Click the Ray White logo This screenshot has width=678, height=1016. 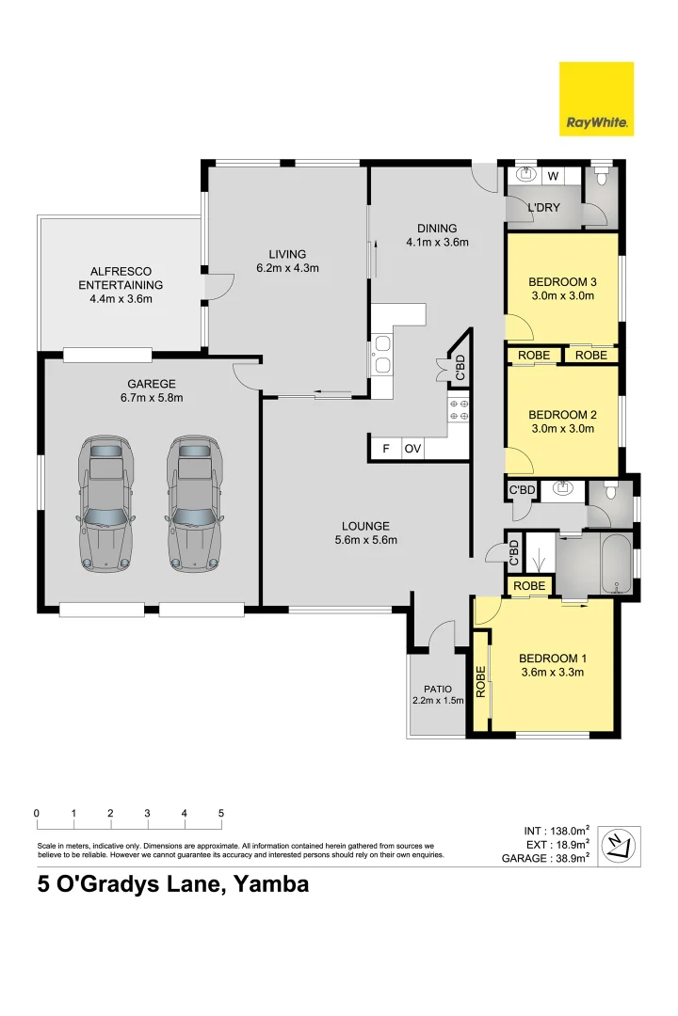(x=596, y=99)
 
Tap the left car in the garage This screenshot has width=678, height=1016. (x=106, y=503)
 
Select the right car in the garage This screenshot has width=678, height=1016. (x=195, y=503)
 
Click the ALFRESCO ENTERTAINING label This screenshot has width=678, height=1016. (x=121, y=278)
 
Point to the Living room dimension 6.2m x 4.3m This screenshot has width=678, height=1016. (x=287, y=268)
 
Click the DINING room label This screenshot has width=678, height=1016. (x=437, y=228)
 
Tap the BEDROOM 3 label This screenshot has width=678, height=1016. (x=562, y=282)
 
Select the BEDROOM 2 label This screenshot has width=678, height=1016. (x=562, y=415)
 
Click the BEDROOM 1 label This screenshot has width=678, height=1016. (x=552, y=659)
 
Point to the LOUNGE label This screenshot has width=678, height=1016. (x=366, y=526)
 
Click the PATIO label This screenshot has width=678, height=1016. (x=437, y=690)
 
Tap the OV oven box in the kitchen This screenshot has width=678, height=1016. (x=412, y=449)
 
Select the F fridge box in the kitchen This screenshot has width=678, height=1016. (x=386, y=449)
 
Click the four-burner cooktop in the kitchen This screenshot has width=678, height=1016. (x=459, y=409)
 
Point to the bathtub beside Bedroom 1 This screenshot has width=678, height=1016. (x=614, y=564)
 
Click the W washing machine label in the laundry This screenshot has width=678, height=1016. (x=553, y=176)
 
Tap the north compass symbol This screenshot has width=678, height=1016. (x=619, y=846)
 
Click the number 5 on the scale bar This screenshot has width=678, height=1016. (x=221, y=813)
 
